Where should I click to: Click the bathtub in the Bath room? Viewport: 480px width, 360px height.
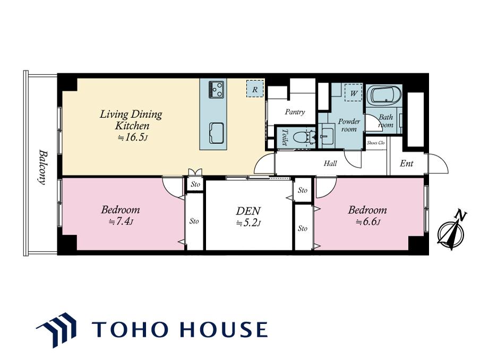pos(384,95)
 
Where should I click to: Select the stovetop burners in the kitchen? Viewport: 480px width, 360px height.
pos(216,89)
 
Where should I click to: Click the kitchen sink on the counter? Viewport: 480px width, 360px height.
pos(216,133)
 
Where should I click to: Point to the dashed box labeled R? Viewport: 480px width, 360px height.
pos(255,89)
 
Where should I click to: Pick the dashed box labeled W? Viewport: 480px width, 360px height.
pos(354,93)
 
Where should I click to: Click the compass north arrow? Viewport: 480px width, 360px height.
pos(451,230)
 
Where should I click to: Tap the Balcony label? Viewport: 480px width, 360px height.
pos(43,167)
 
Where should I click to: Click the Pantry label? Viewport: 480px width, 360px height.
pos(295,112)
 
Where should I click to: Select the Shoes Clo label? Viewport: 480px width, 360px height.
pos(375,143)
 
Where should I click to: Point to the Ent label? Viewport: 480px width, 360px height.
pos(407,164)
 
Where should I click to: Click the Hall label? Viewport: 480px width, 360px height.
pos(330,164)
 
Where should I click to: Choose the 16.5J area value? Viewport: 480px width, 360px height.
pos(133,138)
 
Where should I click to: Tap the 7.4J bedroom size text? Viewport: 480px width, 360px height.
pos(121,221)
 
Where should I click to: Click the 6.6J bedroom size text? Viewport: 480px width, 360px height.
pos(367,222)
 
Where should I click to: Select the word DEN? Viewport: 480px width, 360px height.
pos(248,211)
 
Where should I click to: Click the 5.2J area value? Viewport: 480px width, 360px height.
pos(248,223)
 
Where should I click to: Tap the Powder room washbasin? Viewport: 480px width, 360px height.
pos(327,135)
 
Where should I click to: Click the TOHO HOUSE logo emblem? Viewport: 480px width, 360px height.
pos(57,330)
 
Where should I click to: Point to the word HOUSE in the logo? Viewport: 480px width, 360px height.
pos(224,329)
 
